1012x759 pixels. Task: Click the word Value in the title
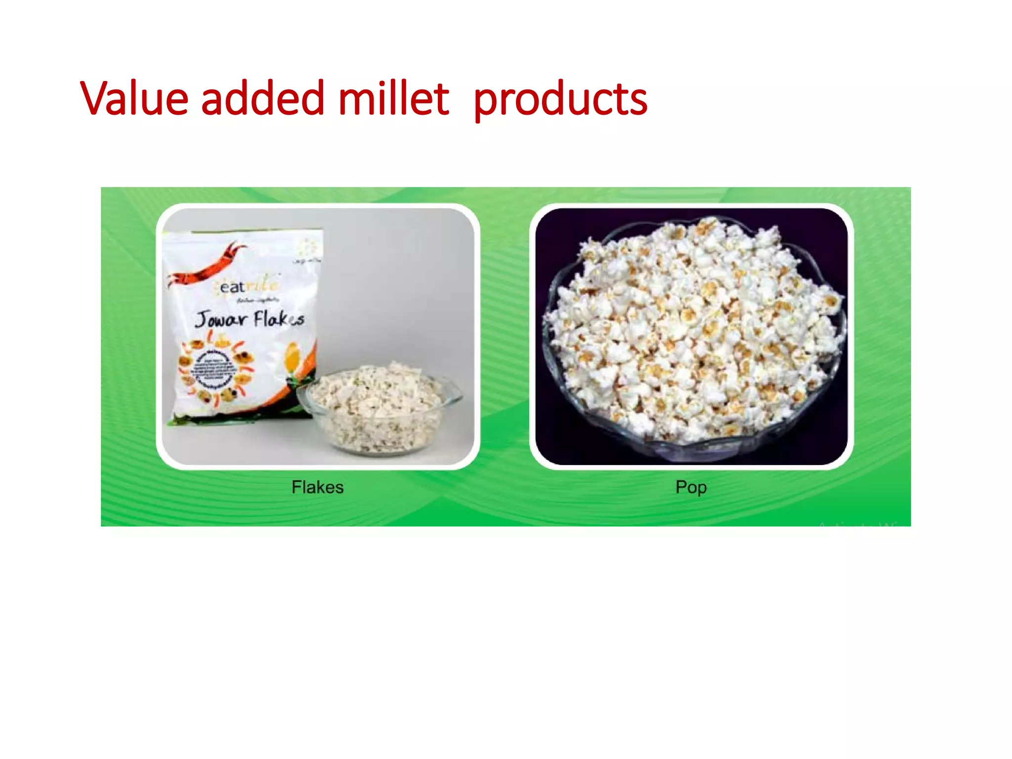(x=134, y=98)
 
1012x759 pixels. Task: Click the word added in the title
(x=262, y=98)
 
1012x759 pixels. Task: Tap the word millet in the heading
(x=393, y=98)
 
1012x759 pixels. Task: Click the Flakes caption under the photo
(x=317, y=487)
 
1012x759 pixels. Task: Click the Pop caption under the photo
(x=691, y=487)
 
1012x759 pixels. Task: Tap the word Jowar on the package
(x=220, y=319)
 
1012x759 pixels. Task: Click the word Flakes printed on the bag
(x=279, y=320)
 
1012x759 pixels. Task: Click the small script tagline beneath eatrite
(x=257, y=300)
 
